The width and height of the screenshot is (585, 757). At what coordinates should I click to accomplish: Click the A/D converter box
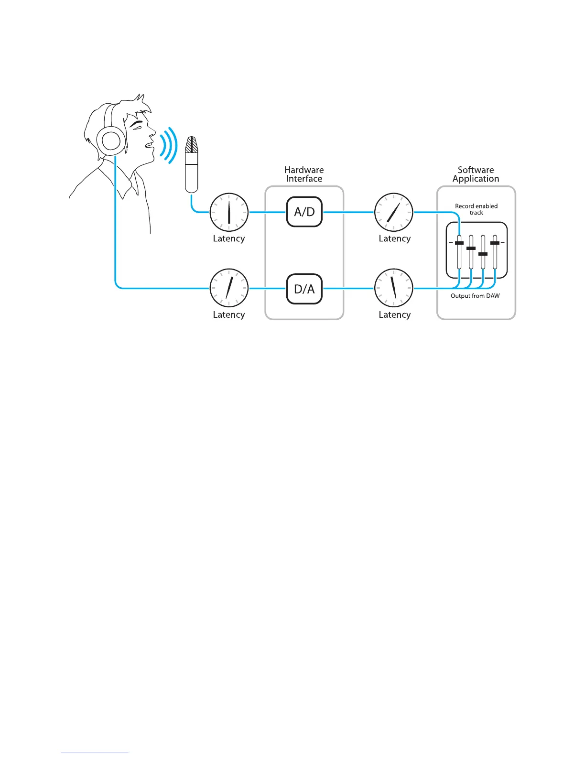304,212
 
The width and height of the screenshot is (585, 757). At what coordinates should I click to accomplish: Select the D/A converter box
304,289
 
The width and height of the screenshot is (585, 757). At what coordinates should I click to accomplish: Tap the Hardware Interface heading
304,174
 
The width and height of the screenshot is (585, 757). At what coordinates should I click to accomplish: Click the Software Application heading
476,174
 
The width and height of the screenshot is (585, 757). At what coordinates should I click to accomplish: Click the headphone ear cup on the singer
111,141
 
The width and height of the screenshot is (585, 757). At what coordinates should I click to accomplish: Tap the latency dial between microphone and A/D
229,212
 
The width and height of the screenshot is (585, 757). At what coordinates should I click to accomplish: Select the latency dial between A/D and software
393,212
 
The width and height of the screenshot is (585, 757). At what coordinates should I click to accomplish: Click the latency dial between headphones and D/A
229,288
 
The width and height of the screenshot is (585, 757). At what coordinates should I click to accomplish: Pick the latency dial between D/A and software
393,288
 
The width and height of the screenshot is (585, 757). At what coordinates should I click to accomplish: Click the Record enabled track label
476,209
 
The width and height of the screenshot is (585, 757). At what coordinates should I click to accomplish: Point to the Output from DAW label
475,296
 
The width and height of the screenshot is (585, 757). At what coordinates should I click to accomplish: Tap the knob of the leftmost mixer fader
459,243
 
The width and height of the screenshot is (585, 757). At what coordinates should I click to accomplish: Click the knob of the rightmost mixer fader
495,243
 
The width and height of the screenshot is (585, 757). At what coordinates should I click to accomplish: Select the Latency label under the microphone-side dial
229,238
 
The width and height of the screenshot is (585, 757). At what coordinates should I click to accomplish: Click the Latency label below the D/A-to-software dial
395,314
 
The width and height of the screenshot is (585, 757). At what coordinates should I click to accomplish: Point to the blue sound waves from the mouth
169,145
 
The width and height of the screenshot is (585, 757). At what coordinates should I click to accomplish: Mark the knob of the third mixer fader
483,254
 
